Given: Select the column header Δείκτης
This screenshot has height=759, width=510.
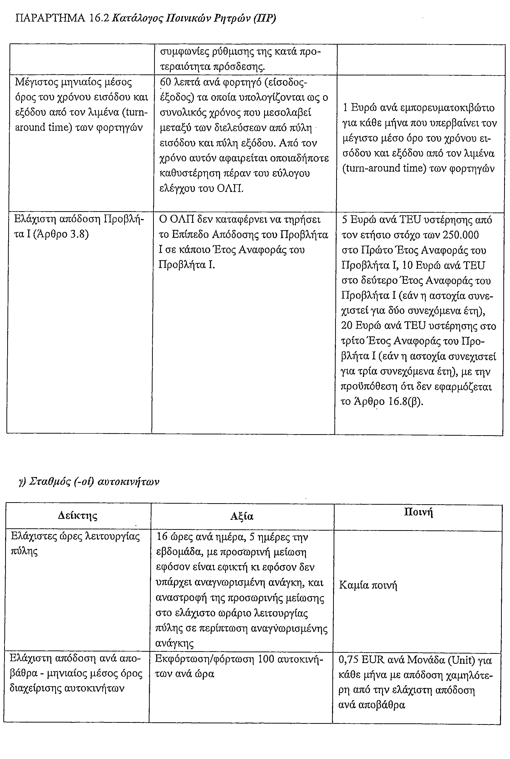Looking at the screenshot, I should (x=78, y=516).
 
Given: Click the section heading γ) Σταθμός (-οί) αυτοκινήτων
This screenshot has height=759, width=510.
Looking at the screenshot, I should (x=89, y=482).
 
